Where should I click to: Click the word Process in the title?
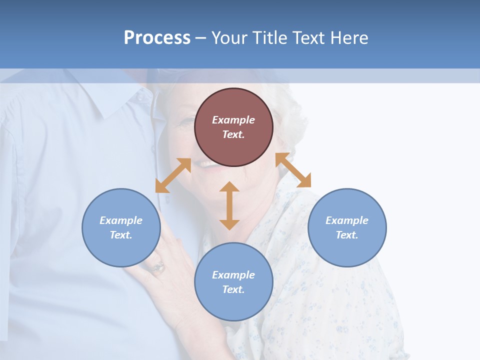coord(157,38)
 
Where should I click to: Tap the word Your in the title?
coord(228,38)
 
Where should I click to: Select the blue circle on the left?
coord(121,250)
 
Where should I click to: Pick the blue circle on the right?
coord(347,250)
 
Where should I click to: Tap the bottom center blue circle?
coord(233,305)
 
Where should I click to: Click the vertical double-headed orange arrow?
coord(229,205)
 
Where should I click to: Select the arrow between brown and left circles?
coord(173,175)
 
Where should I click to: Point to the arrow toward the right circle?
coord(293,170)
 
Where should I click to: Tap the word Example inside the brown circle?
coord(233,120)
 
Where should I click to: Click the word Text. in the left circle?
coord(121,235)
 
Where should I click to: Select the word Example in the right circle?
coord(347,220)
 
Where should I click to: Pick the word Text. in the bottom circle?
coord(233,289)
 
